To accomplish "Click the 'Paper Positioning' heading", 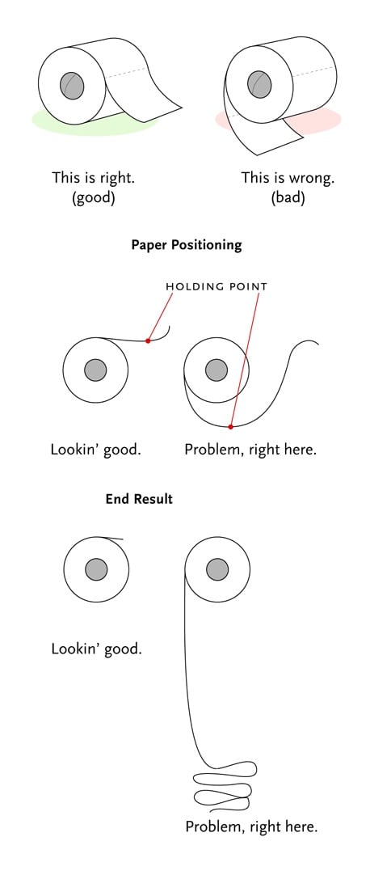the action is [187, 246].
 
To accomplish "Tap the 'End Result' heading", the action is [139, 499].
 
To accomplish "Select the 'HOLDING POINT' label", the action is [217, 287].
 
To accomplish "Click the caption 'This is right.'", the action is [94, 178].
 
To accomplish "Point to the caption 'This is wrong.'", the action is [288, 178].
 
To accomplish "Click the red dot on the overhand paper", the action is [148, 340].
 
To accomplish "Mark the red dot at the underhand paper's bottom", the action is [231, 426].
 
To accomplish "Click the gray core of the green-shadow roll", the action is [72, 86].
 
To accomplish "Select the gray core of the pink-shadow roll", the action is [259, 84].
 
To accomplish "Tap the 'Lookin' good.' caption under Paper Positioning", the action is [96, 449].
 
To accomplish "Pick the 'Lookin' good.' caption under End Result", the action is [96, 649].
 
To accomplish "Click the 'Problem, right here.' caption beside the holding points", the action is [250, 449].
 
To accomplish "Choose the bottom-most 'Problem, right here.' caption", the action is [251, 826].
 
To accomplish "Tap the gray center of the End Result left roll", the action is [96, 569].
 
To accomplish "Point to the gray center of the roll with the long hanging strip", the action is [217, 569].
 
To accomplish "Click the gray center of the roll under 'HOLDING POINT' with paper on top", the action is [95, 370].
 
